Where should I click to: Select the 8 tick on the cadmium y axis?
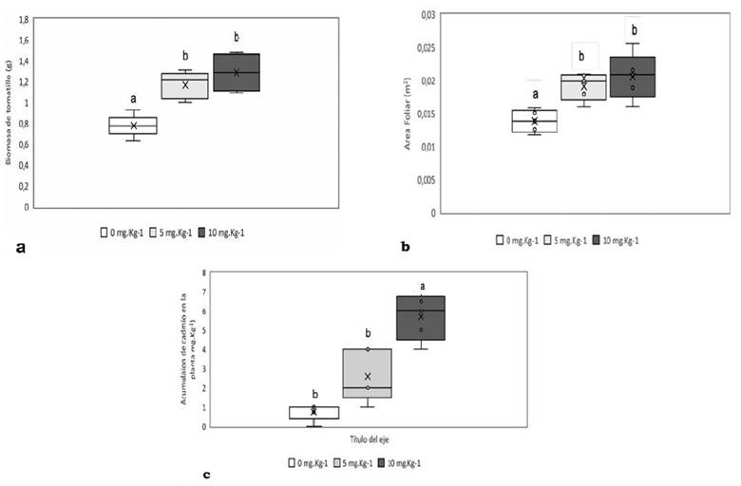(203, 272)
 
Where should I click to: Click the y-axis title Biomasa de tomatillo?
(9, 112)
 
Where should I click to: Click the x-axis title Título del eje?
(364, 440)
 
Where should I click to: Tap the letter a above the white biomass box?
(133, 97)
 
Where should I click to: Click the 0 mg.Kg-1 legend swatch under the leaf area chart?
(500, 240)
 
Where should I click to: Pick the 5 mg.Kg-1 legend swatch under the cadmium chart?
(337, 463)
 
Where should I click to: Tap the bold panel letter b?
(406, 248)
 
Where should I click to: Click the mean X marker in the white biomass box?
(133, 125)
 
